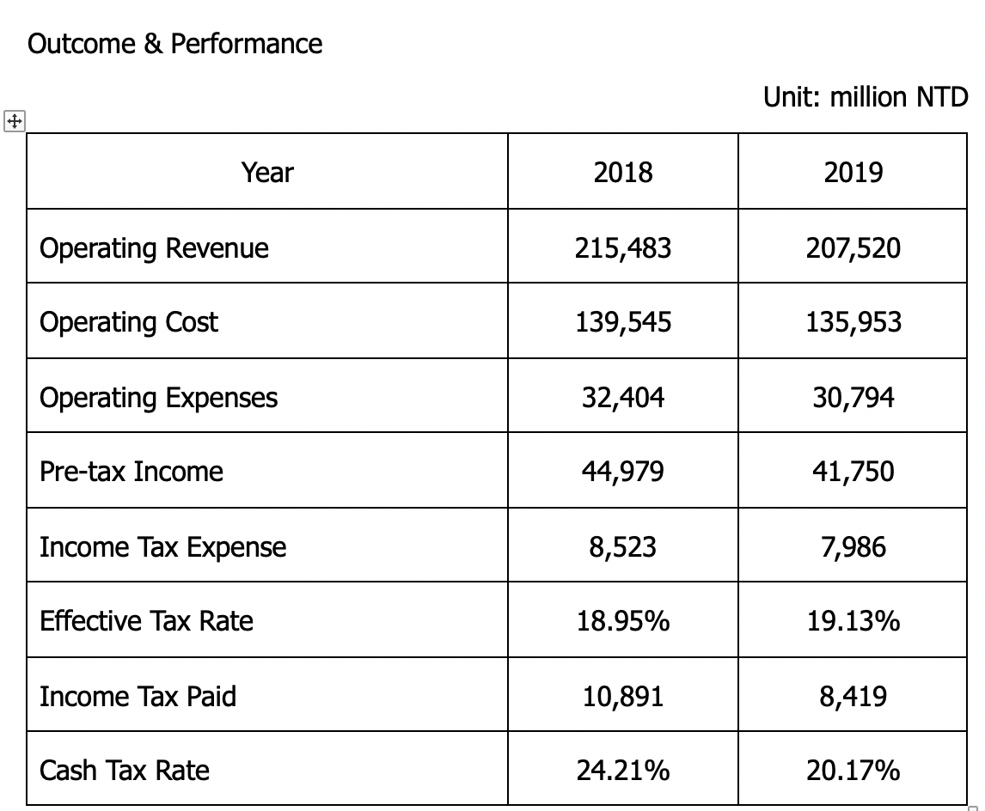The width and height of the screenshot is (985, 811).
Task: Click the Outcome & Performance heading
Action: tap(174, 44)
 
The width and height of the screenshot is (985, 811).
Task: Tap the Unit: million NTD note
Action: tap(866, 97)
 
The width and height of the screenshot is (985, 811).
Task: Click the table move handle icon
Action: tap(15, 120)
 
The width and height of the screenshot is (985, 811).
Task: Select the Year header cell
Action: tap(267, 172)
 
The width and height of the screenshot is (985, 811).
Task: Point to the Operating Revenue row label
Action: tap(154, 248)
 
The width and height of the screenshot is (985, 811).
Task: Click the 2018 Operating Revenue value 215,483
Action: tap(623, 248)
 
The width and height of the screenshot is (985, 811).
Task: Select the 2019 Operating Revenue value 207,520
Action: tap(853, 248)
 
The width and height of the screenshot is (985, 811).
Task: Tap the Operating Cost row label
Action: tap(129, 323)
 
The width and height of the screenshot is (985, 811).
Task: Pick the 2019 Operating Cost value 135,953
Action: tap(853, 323)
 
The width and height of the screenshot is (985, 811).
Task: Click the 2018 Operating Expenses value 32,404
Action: tap(623, 398)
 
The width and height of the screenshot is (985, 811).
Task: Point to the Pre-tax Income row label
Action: tap(132, 472)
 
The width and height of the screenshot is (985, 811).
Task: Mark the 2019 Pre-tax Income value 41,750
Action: tap(853, 472)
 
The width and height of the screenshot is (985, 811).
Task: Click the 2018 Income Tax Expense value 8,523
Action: tap(623, 546)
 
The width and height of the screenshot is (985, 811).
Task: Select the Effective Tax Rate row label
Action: tap(146, 621)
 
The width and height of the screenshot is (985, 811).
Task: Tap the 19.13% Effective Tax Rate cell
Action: tap(853, 621)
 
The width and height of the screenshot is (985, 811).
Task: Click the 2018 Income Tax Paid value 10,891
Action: tap(623, 696)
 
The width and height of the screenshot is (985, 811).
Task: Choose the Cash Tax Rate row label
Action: tap(125, 771)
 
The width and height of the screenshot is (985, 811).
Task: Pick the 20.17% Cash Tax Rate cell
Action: tap(853, 771)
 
